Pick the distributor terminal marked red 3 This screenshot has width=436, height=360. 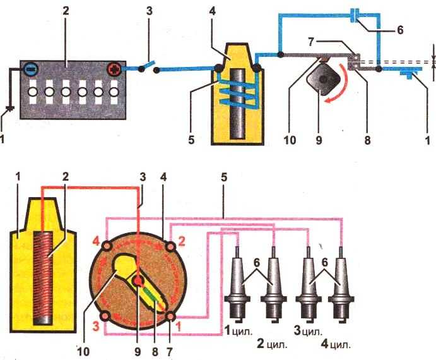(106, 315)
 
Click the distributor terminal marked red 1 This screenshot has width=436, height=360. (171, 314)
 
